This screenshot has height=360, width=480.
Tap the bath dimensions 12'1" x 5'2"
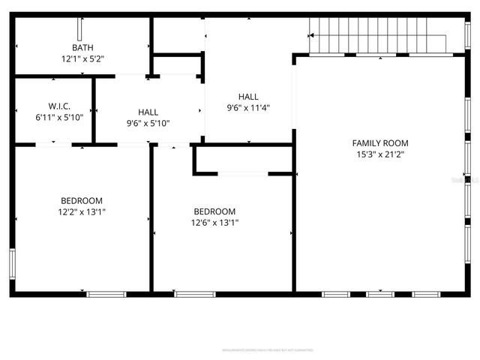click(x=82, y=58)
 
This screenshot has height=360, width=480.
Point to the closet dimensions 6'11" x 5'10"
click(x=59, y=117)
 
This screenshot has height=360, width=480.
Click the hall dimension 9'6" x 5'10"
click(x=148, y=123)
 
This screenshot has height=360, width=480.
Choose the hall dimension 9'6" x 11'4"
click(x=248, y=107)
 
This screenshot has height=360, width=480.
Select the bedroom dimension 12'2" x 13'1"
click(x=82, y=211)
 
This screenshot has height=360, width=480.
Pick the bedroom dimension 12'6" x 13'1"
click(x=214, y=222)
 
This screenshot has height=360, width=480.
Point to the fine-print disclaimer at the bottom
click(x=267, y=349)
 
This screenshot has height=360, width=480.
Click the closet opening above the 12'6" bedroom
click(x=242, y=174)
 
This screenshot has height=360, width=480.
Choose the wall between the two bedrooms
click(x=151, y=217)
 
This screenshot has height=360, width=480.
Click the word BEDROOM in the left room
click(x=82, y=201)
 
